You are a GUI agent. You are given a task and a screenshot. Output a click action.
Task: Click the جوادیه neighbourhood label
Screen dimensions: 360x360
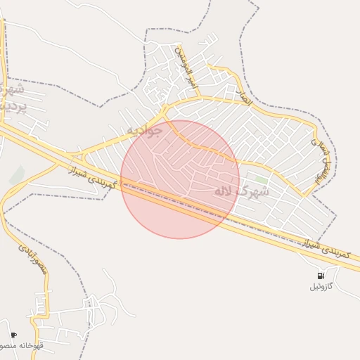(x=145, y=131)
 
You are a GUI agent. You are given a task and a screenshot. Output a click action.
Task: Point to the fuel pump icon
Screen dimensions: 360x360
(x=321, y=276)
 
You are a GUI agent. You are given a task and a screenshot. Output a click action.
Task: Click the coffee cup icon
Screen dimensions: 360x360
(x=13, y=335)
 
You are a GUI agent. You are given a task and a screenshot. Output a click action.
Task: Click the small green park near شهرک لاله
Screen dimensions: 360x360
(x=262, y=180)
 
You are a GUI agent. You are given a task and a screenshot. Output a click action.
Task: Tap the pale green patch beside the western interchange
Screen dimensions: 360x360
(x=17, y=174)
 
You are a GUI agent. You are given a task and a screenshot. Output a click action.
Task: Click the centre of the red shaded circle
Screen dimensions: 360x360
(x=180, y=179)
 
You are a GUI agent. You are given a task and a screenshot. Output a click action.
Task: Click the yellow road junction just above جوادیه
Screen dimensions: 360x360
(x=165, y=110)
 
